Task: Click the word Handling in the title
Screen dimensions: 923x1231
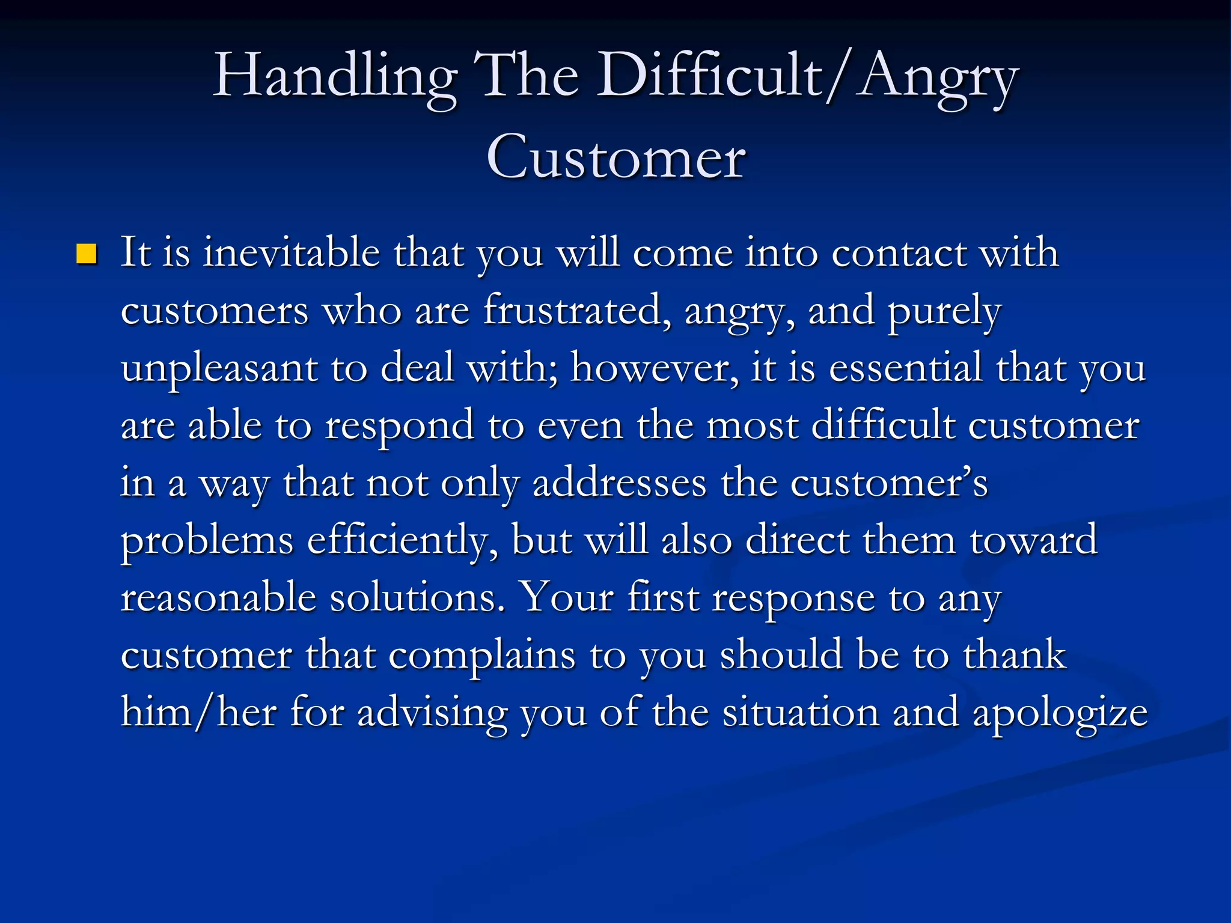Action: point(335,77)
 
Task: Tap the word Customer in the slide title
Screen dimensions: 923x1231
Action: point(615,158)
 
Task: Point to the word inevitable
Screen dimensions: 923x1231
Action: point(292,252)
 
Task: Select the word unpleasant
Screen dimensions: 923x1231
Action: point(219,368)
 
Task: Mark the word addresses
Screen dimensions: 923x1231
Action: point(619,483)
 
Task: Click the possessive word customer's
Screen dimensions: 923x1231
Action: point(888,483)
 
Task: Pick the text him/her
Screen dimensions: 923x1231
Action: point(198,712)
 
